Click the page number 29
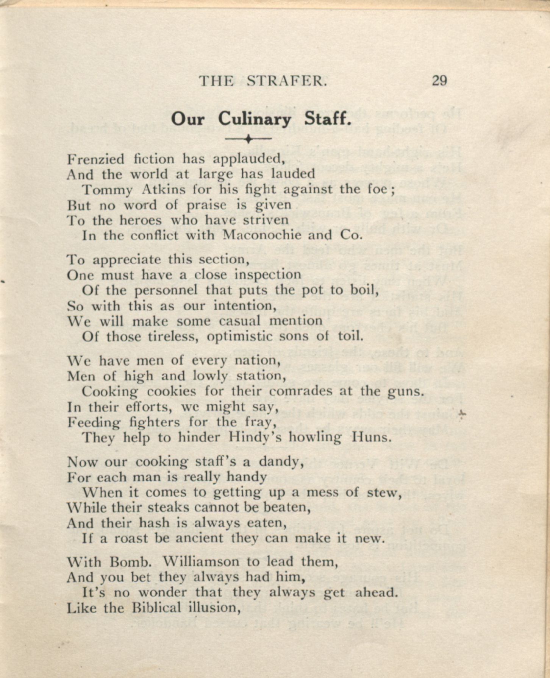[439, 81]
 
